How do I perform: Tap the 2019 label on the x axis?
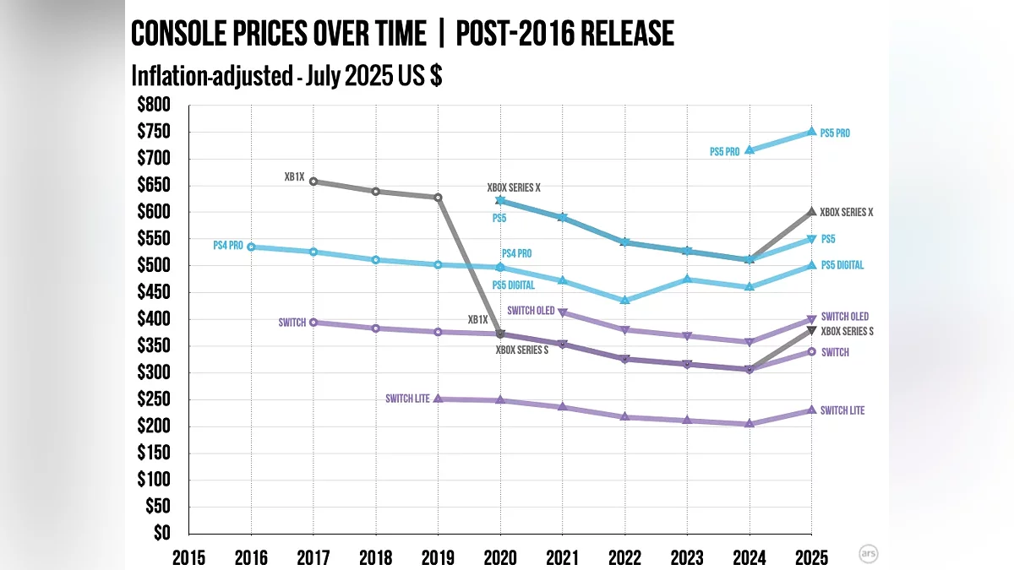438,557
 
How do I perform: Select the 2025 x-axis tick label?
811,557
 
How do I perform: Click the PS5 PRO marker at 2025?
811,132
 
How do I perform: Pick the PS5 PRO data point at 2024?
749,150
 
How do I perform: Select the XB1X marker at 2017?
313,182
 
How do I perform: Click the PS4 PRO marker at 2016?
251,247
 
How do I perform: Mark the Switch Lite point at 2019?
438,399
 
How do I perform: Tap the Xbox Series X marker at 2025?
811,212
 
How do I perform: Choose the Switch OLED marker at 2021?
563,313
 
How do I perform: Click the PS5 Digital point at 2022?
624,300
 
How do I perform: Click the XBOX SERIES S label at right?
847,332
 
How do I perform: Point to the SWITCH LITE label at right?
842,410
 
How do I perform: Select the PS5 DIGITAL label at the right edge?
842,265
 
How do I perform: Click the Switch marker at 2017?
313,322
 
